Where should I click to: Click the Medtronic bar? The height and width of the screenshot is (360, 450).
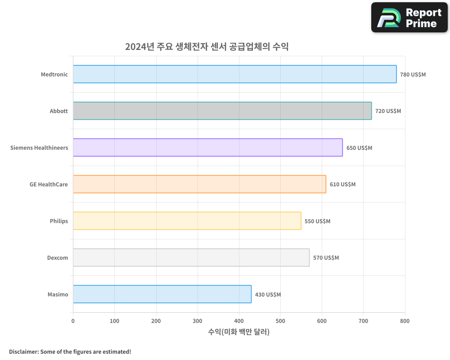click(x=234, y=74)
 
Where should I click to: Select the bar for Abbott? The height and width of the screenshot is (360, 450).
click(x=222, y=111)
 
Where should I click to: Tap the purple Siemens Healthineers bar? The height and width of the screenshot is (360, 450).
click(x=207, y=147)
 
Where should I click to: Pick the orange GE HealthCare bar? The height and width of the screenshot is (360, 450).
click(x=199, y=184)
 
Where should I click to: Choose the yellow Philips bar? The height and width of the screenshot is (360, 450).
click(x=187, y=220)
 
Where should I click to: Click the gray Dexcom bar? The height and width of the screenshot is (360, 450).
click(x=191, y=257)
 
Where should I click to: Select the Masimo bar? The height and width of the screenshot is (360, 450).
click(x=162, y=294)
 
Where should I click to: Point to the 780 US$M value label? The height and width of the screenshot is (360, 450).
click(x=413, y=74)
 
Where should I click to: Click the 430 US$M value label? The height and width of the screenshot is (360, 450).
click(x=268, y=295)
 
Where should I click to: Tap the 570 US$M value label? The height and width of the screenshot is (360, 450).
click(x=326, y=258)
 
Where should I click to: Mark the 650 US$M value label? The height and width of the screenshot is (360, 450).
click(x=359, y=148)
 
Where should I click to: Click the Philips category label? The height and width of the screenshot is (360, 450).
click(x=59, y=221)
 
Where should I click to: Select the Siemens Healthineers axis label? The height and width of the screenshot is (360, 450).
click(x=39, y=148)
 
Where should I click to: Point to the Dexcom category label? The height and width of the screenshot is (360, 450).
click(x=58, y=258)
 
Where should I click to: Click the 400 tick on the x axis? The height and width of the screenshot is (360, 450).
click(x=239, y=321)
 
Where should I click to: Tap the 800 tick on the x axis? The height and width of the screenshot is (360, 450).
click(x=405, y=321)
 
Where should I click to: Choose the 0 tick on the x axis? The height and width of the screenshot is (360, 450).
click(x=73, y=321)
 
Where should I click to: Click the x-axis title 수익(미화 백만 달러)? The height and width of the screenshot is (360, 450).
click(x=239, y=332)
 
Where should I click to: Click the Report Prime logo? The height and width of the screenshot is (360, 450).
click(x=409, y=18)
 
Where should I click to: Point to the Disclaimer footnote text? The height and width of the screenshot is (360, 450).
click(x=70, y=351)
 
